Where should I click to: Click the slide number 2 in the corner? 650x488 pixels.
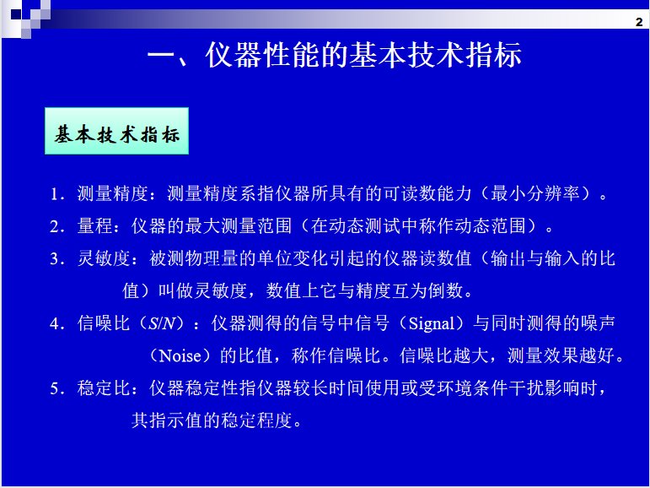639,22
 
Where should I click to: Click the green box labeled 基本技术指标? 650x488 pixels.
116,131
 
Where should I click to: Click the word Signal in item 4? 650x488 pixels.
432,324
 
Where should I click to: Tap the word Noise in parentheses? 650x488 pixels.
180,356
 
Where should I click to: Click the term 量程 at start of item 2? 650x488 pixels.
95,226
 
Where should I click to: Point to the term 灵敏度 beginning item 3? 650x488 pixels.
104,258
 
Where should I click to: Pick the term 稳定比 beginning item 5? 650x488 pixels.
104,388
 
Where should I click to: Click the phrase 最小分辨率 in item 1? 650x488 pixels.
535,194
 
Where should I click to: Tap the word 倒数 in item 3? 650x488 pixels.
446,290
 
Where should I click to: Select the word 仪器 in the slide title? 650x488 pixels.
234,55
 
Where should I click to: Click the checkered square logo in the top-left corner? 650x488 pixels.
25,18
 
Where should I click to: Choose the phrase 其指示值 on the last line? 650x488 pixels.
167,420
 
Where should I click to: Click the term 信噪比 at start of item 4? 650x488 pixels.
104,323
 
